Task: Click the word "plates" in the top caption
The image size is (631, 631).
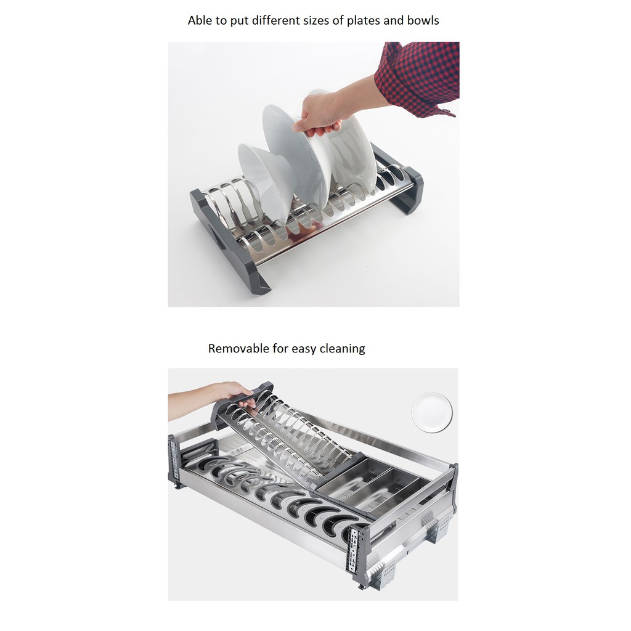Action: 364,20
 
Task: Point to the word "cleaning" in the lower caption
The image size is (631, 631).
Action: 342,349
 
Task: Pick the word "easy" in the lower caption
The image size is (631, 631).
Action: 304,349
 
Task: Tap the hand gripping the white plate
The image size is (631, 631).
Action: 318,115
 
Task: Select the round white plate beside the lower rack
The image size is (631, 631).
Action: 432,412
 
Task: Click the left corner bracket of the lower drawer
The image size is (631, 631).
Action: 175,462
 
